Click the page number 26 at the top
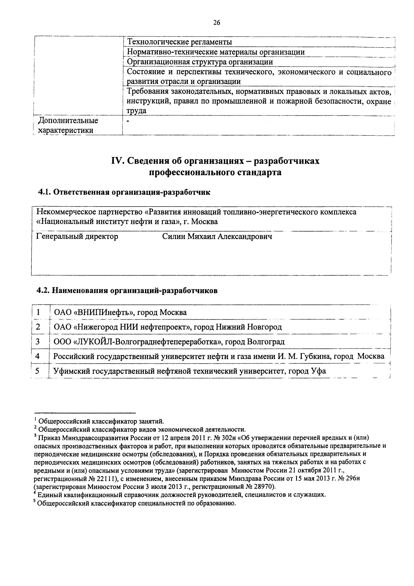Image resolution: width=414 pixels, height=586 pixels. [x=216, y=23]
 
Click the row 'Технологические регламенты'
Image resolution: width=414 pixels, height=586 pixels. [x=179, y=42]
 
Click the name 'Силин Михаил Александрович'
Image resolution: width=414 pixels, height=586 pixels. [x=217, y=237]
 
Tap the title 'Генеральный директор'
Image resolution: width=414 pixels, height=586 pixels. [x=77, y=237]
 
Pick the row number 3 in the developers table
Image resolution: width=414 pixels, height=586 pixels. [x=38, y=341]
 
